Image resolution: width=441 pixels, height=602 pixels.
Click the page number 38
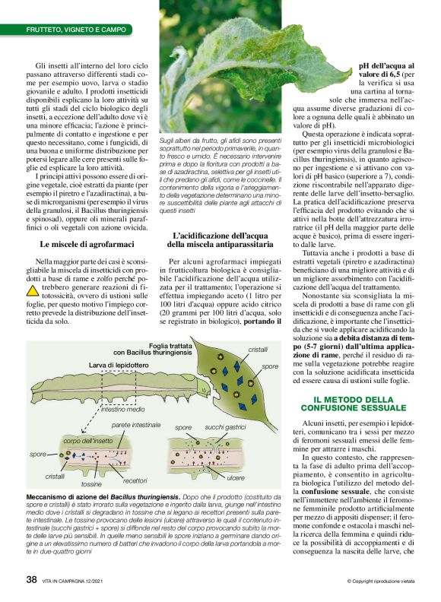[x=31, y=579]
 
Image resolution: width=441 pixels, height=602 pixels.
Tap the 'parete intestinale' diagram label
[x=136, y=423]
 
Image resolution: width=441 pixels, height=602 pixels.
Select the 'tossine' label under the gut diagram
[x=91, y=483]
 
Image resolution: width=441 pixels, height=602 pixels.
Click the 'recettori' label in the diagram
[x=135, y=480]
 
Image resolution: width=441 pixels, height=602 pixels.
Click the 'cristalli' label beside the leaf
[x=258, y=349]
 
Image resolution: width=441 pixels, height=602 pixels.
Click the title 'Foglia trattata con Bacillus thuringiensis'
[x=159, y=349]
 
